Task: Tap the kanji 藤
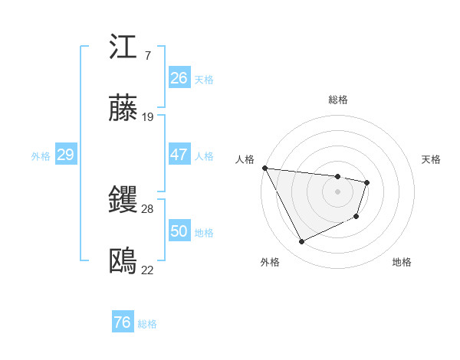(x=123, y=110)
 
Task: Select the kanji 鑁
(x=123, y=201)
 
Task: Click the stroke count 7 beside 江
(x=147, y=56)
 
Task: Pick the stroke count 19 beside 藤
(x=148, y=117)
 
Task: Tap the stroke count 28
(x=148, y=208)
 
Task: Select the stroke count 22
(x=148, y=270)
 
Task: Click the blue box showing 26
(x=179, y=78)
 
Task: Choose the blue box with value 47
(x=179, y=155)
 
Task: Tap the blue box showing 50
(x=179, y=231)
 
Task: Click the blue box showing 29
(x=65, y=155)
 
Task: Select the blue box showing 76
(x=122, y=322)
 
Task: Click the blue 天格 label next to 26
(x=204, y=80)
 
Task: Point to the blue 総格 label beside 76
(x=147, y=324)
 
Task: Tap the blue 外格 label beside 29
(x=41, y=156)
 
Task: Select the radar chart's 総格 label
(x=338, y=100)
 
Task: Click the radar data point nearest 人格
(x=264, y=168)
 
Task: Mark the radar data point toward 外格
(x=301, y=242)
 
